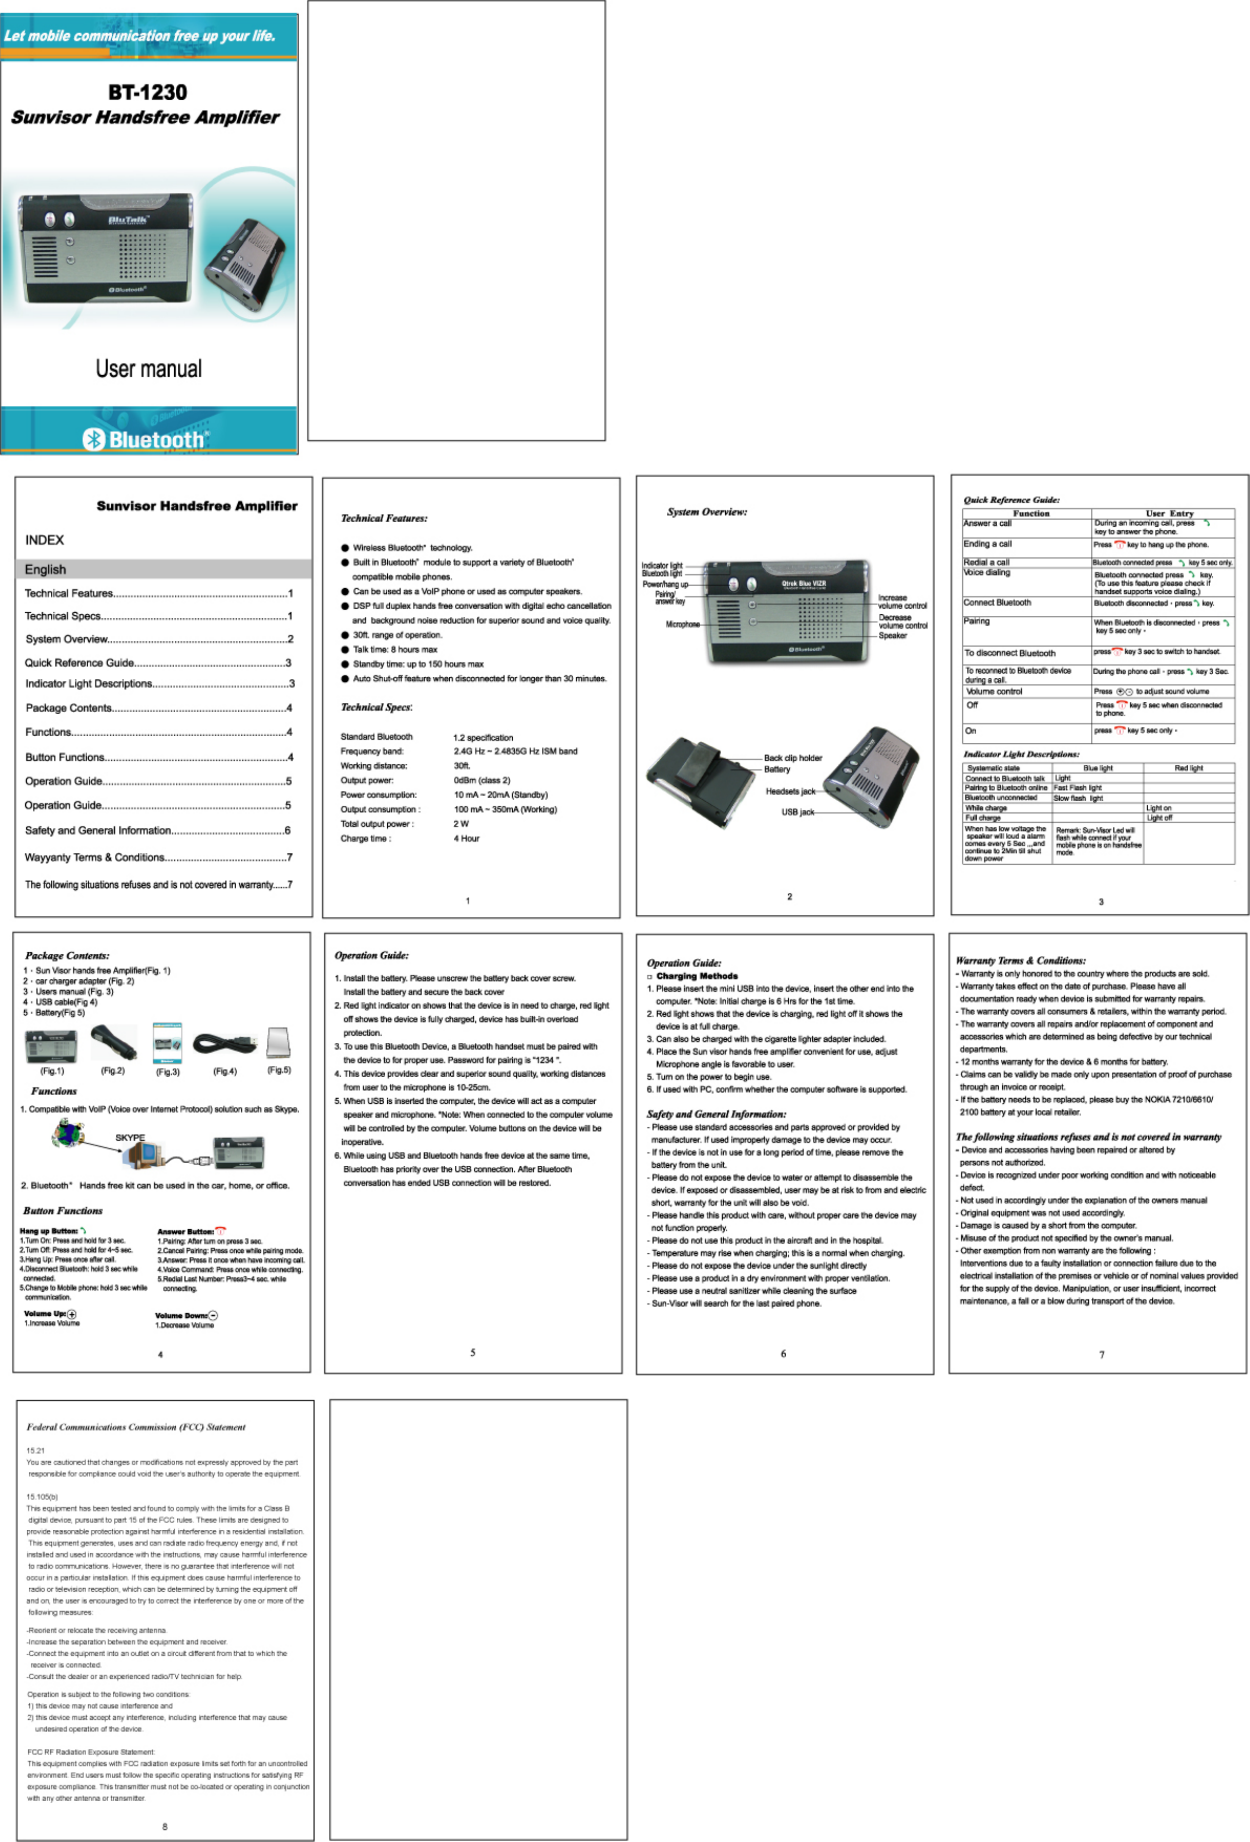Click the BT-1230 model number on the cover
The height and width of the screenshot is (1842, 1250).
(x=148, y=93)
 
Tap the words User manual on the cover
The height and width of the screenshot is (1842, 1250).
(x=149, y=369)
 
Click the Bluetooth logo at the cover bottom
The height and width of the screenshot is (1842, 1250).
(x=148, y=439)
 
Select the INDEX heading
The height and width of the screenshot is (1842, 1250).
(x=44, y=540)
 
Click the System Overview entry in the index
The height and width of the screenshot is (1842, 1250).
(x=66, y=639)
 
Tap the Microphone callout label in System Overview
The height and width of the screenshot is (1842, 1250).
(x=682, y=624)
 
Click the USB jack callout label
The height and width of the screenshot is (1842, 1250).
(x=797, y=812)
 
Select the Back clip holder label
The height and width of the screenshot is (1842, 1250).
(x=793, y=758)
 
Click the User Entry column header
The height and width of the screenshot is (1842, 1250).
(x=1169, y=514)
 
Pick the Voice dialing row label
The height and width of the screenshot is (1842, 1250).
(x=987, y=572)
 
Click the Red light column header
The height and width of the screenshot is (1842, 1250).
(x=1188, y=768)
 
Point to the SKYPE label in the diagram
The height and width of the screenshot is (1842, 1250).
(x=130, y=1138)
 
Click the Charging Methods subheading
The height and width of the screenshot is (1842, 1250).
(x=697, y=976)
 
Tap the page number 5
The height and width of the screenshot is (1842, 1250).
(x=472, y=1352)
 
